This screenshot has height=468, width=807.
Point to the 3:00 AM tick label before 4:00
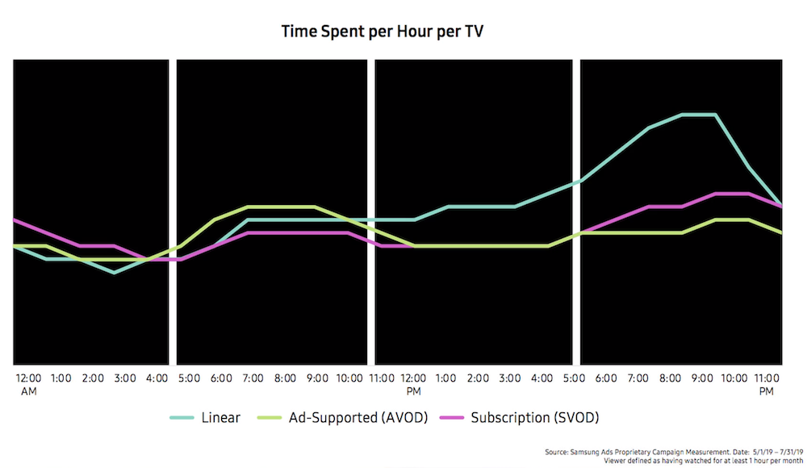[x=125, y=378]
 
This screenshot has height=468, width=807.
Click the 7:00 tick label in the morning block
[x=256, y=378]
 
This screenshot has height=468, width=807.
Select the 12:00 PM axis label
[x=414, y=382]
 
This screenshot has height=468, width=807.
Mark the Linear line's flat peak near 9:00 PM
[x=699, y=115]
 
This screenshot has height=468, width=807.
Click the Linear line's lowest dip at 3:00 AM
[x=115, y=273]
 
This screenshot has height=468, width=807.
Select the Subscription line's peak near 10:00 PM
[x=733, y=194]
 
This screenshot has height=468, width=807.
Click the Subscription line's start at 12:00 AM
[x=16, y=219]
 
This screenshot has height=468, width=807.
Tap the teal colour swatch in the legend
[x=182, y=417]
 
